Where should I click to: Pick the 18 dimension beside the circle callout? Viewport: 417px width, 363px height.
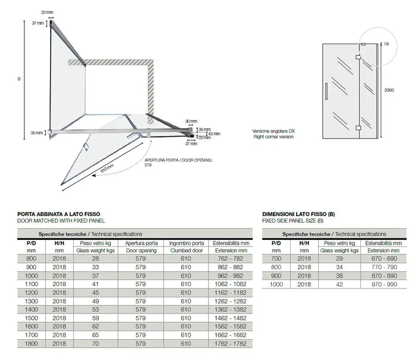(x=387, y=44)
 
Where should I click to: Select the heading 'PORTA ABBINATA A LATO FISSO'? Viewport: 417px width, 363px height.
(x=59, y=214)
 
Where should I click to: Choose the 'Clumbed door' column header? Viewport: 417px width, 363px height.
(x=186, y=251)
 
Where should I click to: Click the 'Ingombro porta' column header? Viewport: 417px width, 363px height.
(x=186, y=243)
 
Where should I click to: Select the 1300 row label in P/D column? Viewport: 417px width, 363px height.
(x=31, y=302)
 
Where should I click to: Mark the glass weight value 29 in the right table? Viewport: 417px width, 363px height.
(x=340, y=259)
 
